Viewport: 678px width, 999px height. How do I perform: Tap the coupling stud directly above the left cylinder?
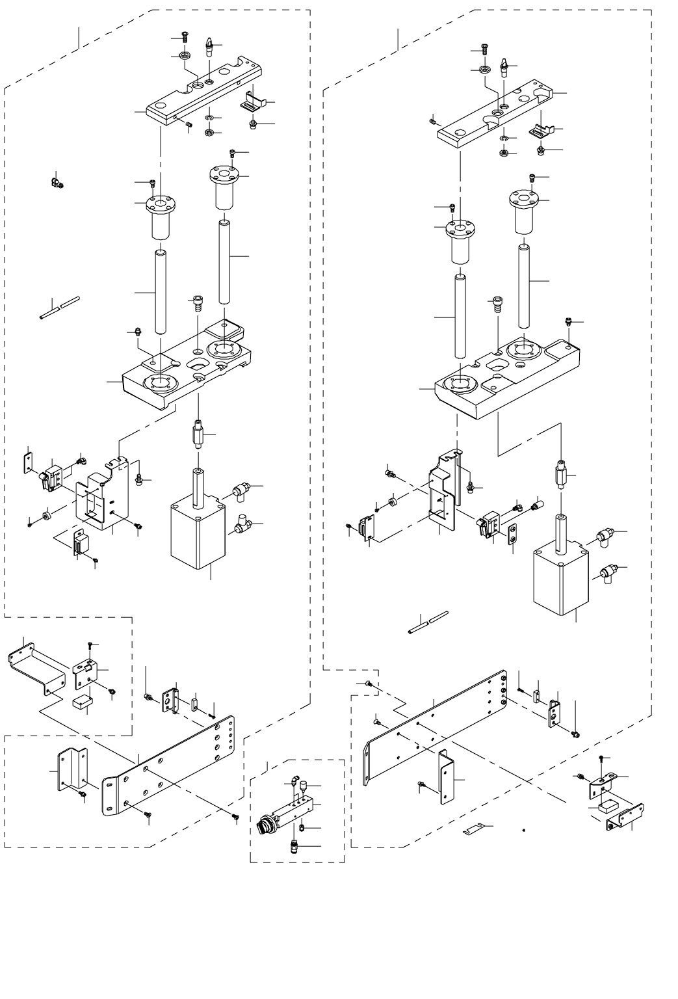196,432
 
